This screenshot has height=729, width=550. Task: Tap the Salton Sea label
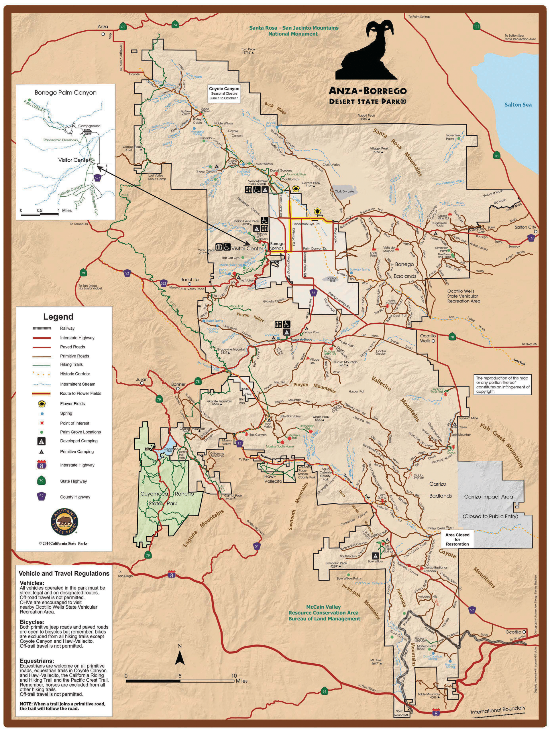click(518, 104)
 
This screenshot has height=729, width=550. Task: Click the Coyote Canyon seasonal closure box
click(224, 93)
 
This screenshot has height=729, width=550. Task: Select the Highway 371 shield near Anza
click(123, 27)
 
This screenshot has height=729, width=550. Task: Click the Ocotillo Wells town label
click(427, 338)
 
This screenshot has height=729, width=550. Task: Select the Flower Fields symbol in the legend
click(42, 403)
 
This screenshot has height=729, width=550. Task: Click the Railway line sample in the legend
click(42, 328)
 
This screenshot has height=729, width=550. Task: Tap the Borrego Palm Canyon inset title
click(66, 93)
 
